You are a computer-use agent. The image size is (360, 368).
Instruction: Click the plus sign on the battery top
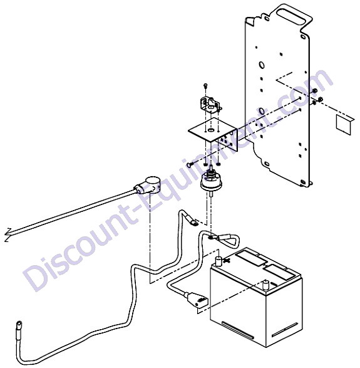point(227,260)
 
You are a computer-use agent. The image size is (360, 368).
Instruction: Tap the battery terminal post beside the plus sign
point(219,261)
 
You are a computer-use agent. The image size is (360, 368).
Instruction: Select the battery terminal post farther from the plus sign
point(266,285)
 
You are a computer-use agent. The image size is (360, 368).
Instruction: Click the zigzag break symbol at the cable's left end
point(8,234)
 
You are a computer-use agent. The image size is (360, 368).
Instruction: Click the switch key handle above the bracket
point(210,103)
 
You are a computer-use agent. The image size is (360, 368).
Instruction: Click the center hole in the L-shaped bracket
point(211,130)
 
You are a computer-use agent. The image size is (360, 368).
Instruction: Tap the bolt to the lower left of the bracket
point(190,164)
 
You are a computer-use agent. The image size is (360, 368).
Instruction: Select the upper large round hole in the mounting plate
point(262,65)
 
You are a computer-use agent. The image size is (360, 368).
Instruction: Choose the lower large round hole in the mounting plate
point(262,111)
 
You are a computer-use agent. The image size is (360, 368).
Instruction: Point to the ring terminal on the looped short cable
point(211,238)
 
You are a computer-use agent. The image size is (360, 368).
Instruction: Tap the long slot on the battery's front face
point(238,330)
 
